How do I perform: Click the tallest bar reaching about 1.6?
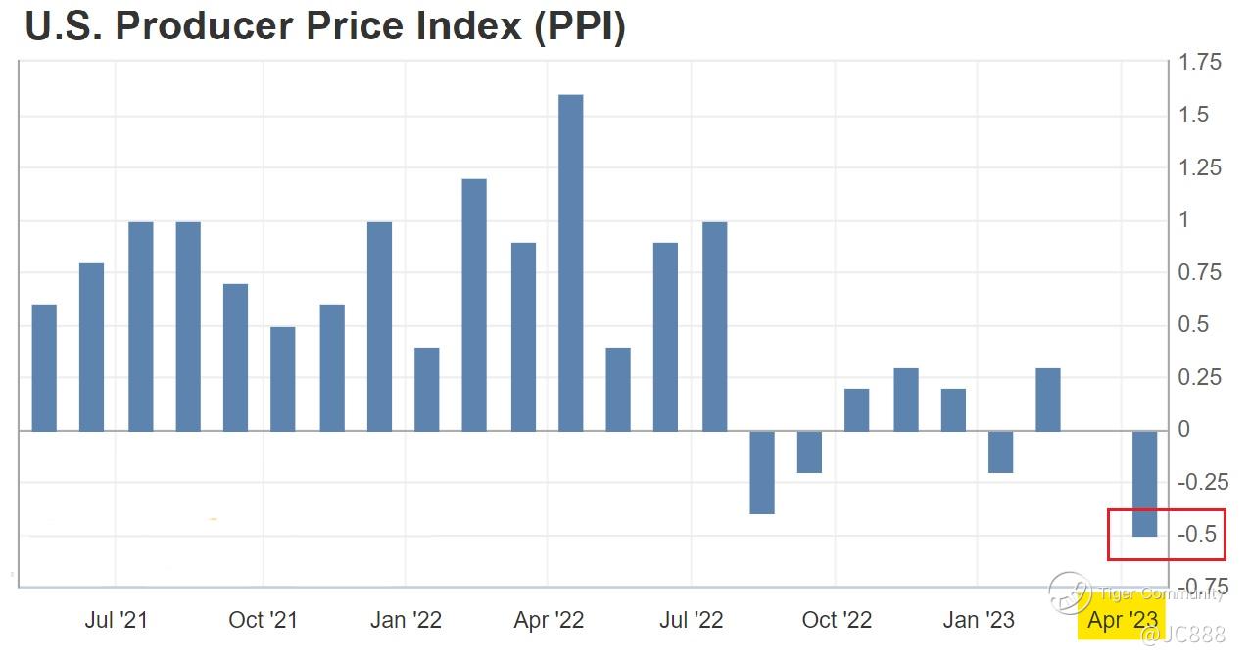coord(570,262)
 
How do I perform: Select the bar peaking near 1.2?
coord(474,305)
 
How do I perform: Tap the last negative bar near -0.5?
coord(1145,483)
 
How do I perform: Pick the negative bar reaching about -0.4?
coord(762,472)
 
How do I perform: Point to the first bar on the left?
coord(44,367)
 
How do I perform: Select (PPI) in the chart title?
coord(578,26)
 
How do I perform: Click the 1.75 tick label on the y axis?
coord(1201,63)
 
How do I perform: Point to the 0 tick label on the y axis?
coord(1185,430)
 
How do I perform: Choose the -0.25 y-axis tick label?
coord(1201,482)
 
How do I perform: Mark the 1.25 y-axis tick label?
coord(1201,167)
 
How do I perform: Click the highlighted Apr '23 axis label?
coord(1123,620)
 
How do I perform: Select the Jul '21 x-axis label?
coord(117,620)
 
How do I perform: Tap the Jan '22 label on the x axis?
coord(406,620)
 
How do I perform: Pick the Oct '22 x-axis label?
coord(837,620)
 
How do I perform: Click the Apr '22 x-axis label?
coord(549,620)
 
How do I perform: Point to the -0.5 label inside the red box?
coord(1196,535)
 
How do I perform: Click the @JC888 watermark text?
coord(1182,637)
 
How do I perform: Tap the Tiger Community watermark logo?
coord(1070,592)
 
